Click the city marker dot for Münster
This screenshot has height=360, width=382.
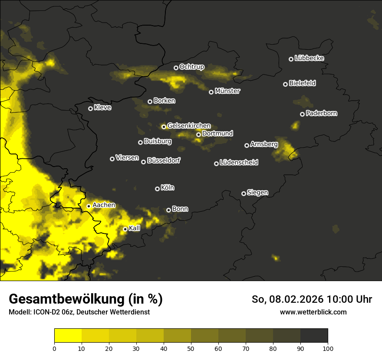pyautogui.click(x=211, y=92)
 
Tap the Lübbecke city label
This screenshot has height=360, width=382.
pyautogui.click(x=309, y=58)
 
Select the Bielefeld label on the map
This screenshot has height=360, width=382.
pyautogui.click(x=302, y=83)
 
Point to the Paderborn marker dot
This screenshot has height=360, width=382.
pyautogui.click(x=302, y=114)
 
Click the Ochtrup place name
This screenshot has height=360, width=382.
pyautogui.click(x=191, y=67)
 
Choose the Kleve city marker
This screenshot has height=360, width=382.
pyautogui.click(x=90, y=108)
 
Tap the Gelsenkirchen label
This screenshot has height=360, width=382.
pyautogui.click(x=189, y=126)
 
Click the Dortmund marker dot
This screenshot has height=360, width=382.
pyautogui.click(x=198, y=134)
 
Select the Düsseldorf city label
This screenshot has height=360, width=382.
pyautogui.click(x=163, y=160)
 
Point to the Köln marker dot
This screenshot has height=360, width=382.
pyautogui.click(x=157, y=189)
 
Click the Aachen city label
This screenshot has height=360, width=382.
pyautogui.click(x=104, y=205)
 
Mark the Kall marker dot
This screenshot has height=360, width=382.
pyautogui.click(x=125, y=229)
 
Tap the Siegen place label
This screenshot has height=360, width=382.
pyautogui.click(x=257, y=193)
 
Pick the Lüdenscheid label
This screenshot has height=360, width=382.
pyautogui.click(x=239, y=163)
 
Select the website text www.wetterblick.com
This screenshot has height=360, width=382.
pyautogui.click(x=313, y=312)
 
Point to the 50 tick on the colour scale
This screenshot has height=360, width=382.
pyautogui.click(x=191, y=348)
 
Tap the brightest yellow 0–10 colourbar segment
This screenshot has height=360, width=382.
pyautogui.click(x=68, y=335)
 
